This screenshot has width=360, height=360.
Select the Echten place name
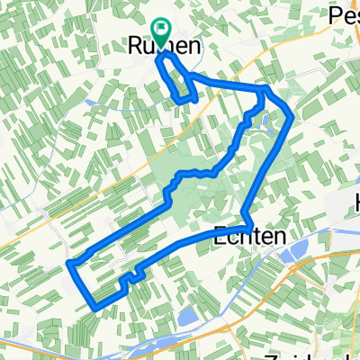pos(252,235)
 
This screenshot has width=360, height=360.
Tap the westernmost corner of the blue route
pos(69,264)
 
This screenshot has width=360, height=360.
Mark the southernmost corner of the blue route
pos(95,309)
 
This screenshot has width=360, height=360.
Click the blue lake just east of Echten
pos(298,256)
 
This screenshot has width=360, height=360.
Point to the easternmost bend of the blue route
pos(291,115)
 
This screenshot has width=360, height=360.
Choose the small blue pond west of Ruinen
pos(91,102)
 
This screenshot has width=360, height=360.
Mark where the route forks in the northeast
pos(263,90)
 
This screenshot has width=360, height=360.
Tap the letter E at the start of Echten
pos(222,235)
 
